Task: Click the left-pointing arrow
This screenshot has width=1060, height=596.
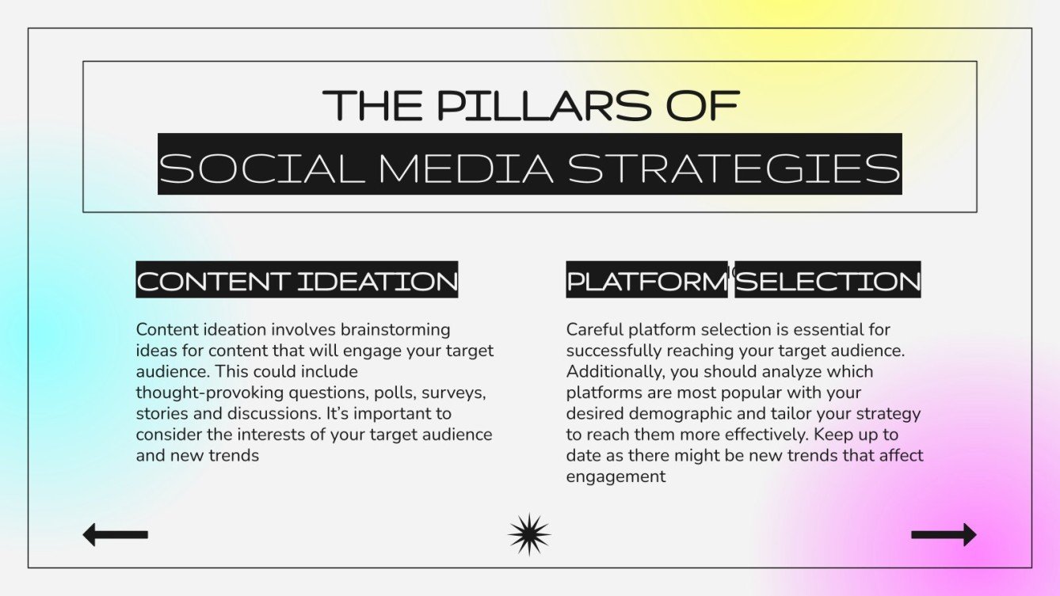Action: (x=115, y=534)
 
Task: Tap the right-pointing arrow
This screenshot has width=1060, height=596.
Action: (x=944, y=534)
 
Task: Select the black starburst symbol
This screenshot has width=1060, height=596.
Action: (x=529, y=534)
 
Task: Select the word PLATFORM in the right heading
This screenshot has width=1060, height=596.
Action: (x=646, y=281)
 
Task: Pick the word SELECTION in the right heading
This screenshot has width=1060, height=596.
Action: (x=828, y=281)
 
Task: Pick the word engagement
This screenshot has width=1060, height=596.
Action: (x=616, y=476)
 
